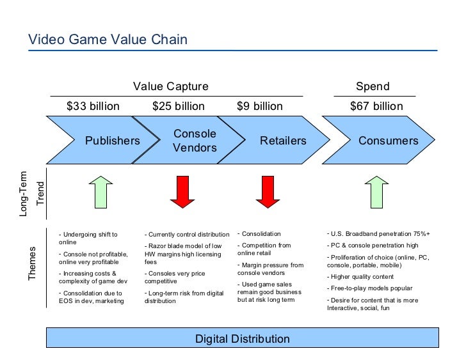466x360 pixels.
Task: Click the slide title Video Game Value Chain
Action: pos(108,40)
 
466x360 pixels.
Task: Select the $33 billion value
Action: pos(93,106)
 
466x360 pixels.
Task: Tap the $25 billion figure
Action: pos(179,106)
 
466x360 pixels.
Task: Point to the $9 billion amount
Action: pos(260,106)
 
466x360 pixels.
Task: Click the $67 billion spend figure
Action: pos(376,106)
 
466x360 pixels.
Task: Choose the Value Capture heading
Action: pos(170,86)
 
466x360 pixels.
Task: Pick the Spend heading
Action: pos(373,86)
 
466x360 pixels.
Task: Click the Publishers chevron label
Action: pos(113,141)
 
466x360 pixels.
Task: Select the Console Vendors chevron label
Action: pos(195,141)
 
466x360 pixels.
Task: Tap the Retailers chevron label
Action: pos(283,141)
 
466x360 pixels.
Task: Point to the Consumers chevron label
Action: pos(388,141)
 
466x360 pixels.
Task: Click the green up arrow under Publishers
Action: pos(100,191)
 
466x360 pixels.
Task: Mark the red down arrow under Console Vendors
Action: pos(182,191)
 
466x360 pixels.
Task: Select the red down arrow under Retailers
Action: pos(268,191)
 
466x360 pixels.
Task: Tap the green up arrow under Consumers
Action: pos(376,191)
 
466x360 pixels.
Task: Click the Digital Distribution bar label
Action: pos(243,339)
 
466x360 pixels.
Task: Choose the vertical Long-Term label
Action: pos(24,193)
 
